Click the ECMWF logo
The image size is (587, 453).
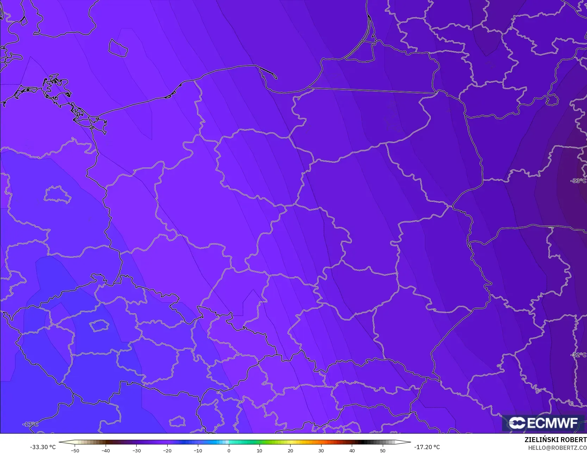tap(543, 423)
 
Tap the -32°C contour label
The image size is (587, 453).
tap(578, 355)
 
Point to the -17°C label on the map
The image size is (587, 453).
tap(30, 424)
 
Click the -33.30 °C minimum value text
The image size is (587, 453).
tap(43, 447)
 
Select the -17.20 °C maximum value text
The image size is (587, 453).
tap(427, 447)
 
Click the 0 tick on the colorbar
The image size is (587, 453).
tap(229, 450)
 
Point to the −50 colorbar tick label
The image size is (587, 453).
tap(75, 450)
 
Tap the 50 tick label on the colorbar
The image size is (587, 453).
tap(382, 450)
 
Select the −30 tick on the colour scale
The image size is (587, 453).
tap(136, 450)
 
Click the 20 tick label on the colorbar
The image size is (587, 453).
tap(290, 450)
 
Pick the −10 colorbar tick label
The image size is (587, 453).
tap(198, 450)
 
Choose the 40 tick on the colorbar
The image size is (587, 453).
tap(352, 450)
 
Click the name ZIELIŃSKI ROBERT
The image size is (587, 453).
tap(555, 440)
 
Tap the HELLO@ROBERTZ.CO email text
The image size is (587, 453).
tap(557, 447)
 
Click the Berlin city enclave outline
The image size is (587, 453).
tap(58, 195)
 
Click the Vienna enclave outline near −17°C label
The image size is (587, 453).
tap(177, 421)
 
